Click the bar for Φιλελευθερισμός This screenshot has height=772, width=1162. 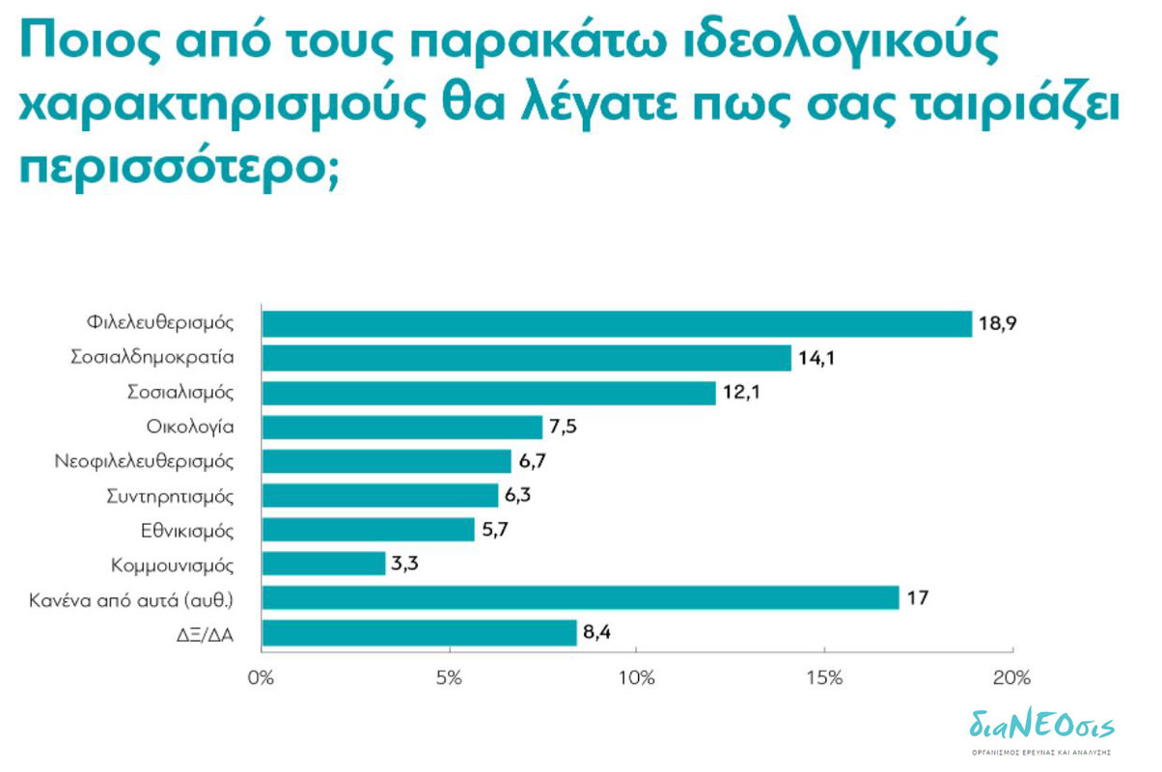coord(617,323)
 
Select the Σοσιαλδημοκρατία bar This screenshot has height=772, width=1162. coord(526,358)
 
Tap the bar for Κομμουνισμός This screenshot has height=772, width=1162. coord(323,564)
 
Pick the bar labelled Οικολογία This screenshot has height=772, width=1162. coord(402,427)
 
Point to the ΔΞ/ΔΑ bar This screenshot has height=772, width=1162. coord(419,632)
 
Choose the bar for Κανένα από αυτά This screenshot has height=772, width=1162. coord(580,598)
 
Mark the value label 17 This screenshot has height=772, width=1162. coord(917,598)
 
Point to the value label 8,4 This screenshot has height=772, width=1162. coord(599,632)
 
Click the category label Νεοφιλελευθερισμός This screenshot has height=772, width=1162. coord(145,461)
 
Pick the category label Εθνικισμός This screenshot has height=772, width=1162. coord(186,530)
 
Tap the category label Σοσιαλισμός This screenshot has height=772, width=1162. coord(181,393)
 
